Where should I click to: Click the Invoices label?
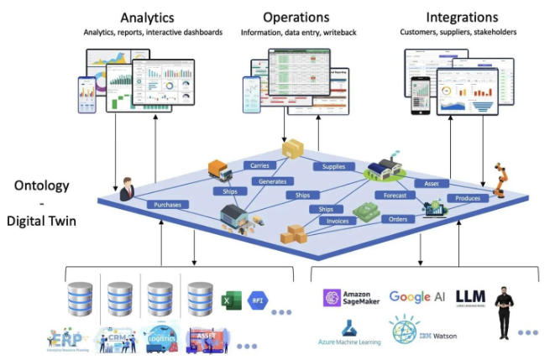tap(332, 221)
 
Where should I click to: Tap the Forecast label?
tap(395, 196)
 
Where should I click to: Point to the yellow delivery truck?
tap(220, 170)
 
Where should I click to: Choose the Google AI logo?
tap(417, 298)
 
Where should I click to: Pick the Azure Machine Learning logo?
tap(349, 332)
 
